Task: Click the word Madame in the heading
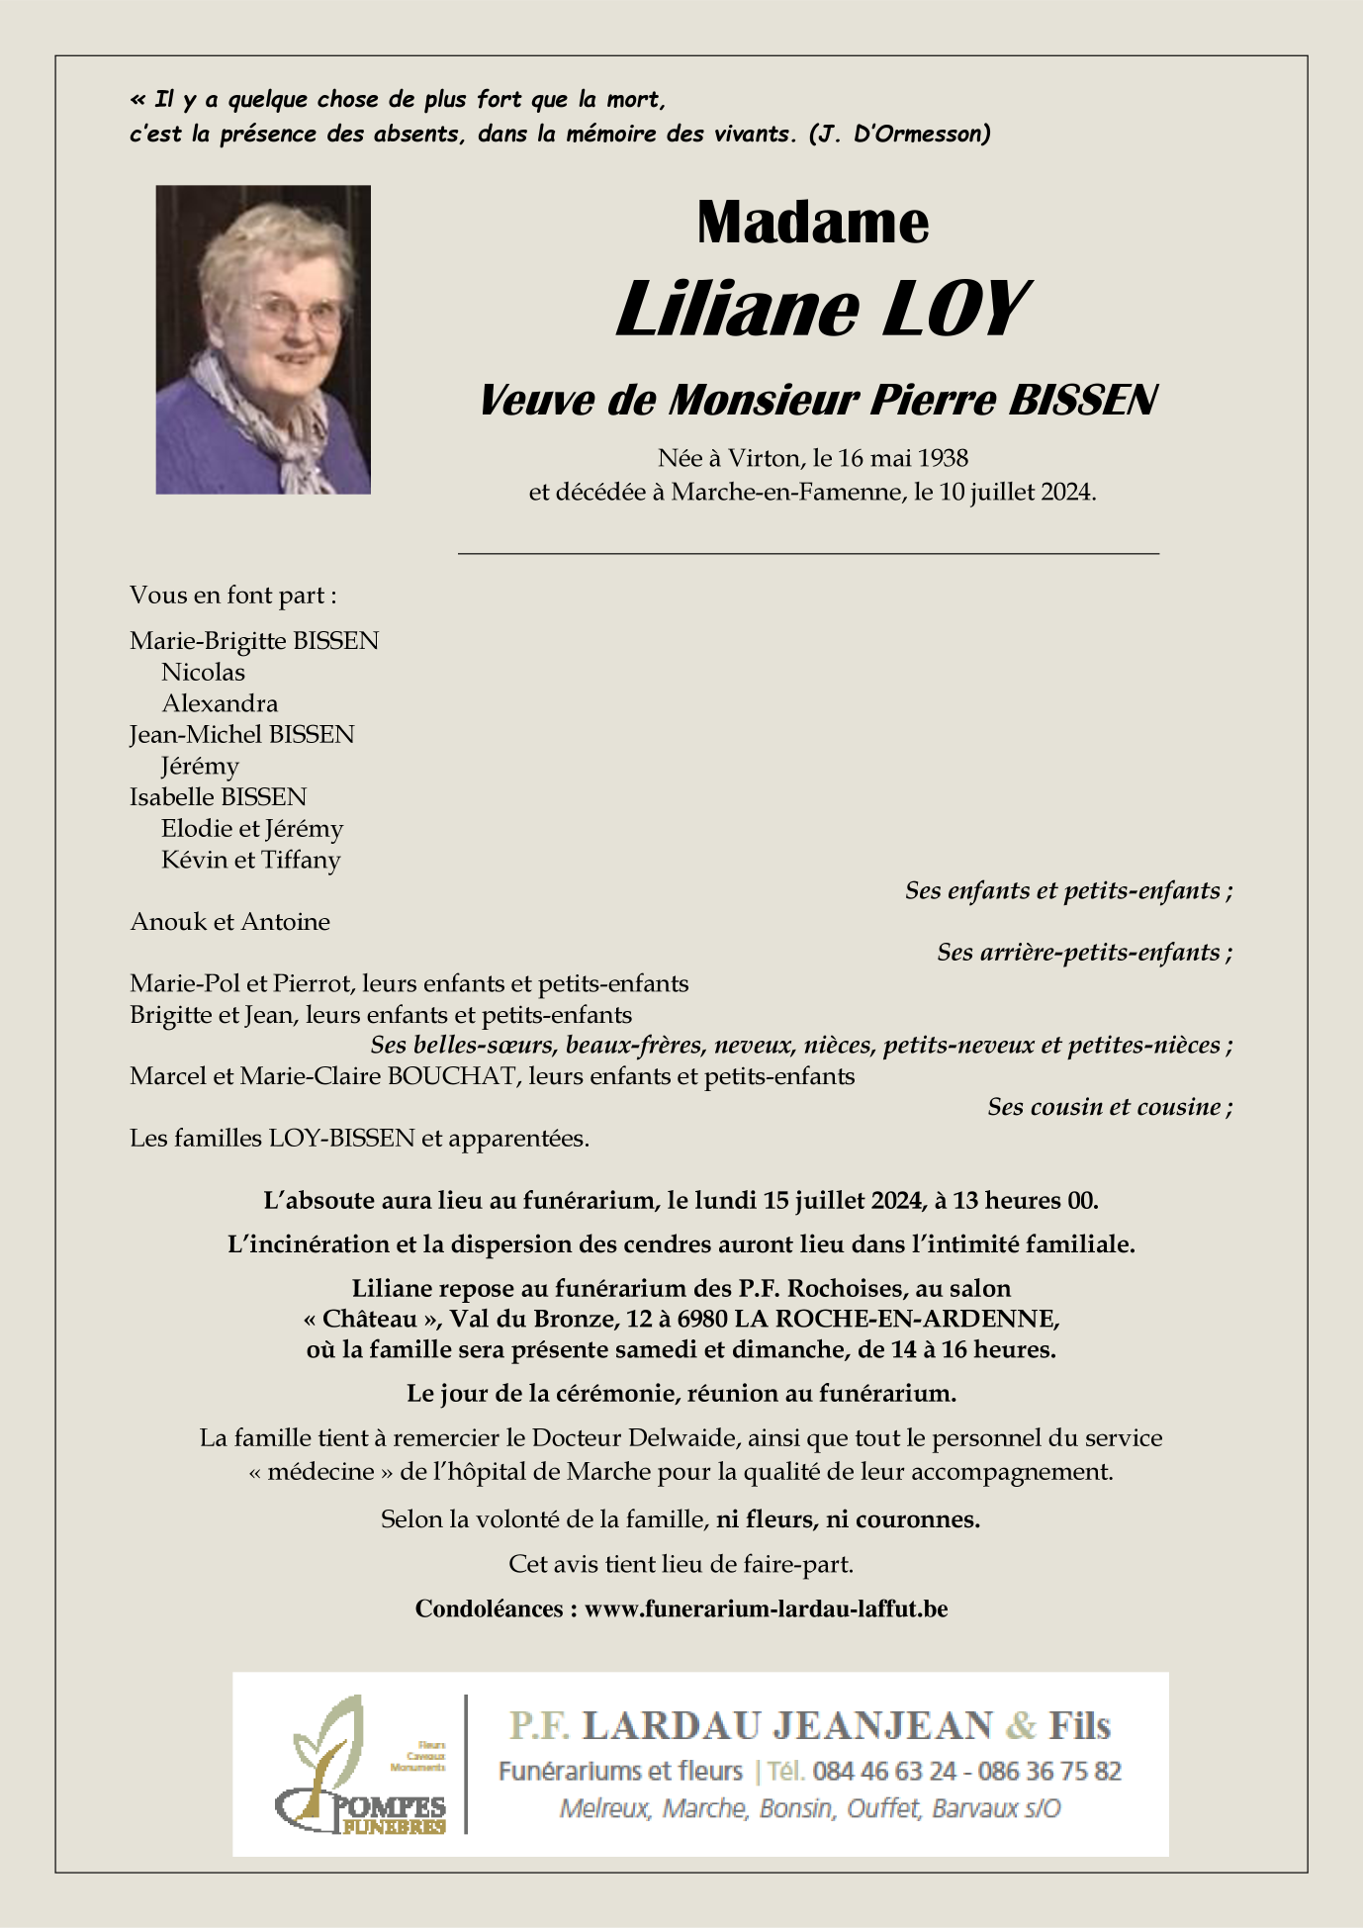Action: (812, 223)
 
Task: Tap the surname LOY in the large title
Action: (954, 310)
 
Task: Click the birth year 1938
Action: (943, 458)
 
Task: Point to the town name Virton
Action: (764, 458)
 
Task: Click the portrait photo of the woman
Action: (263, 339)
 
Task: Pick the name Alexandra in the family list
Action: (220, 703)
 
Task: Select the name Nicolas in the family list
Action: (203, 673)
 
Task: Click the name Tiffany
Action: (301, 860)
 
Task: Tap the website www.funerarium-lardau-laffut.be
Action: (766, 1609)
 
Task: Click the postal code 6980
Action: (701, 1320)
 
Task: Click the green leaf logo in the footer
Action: (330, 1741)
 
